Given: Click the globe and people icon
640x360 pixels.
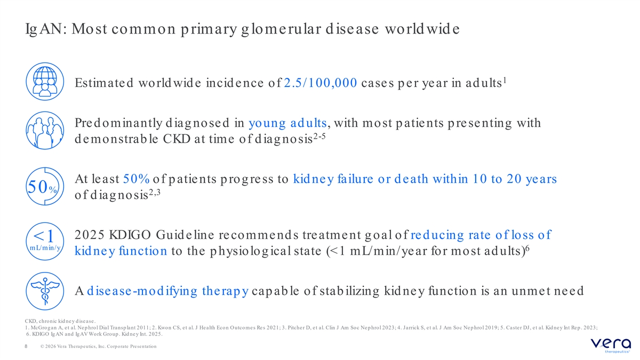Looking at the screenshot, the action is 45,82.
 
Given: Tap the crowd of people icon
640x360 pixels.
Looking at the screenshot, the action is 45,130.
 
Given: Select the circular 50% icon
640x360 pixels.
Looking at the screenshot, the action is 45,186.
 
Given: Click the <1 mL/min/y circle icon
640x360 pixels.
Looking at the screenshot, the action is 45,242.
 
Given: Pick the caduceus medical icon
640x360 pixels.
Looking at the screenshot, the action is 45,291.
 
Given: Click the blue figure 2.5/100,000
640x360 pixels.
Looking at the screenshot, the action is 321,83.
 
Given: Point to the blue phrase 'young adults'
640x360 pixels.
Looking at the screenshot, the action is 287,123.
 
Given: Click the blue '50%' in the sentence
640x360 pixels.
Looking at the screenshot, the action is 137,179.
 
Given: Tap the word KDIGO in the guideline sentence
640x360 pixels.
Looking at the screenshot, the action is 130,235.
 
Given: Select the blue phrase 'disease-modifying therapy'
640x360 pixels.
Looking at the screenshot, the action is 167,291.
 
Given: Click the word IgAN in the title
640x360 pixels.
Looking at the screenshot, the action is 46,29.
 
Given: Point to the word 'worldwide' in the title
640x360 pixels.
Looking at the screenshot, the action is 422,29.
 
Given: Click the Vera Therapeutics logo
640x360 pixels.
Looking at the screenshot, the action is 611,346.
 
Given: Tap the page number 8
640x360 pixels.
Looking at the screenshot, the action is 26,346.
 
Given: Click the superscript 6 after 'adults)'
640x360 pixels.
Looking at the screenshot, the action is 527,248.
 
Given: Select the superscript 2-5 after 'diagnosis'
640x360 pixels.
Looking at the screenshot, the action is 319,136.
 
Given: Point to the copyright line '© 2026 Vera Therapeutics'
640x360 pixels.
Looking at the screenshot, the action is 99,346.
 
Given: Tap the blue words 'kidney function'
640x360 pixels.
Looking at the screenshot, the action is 121,251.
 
